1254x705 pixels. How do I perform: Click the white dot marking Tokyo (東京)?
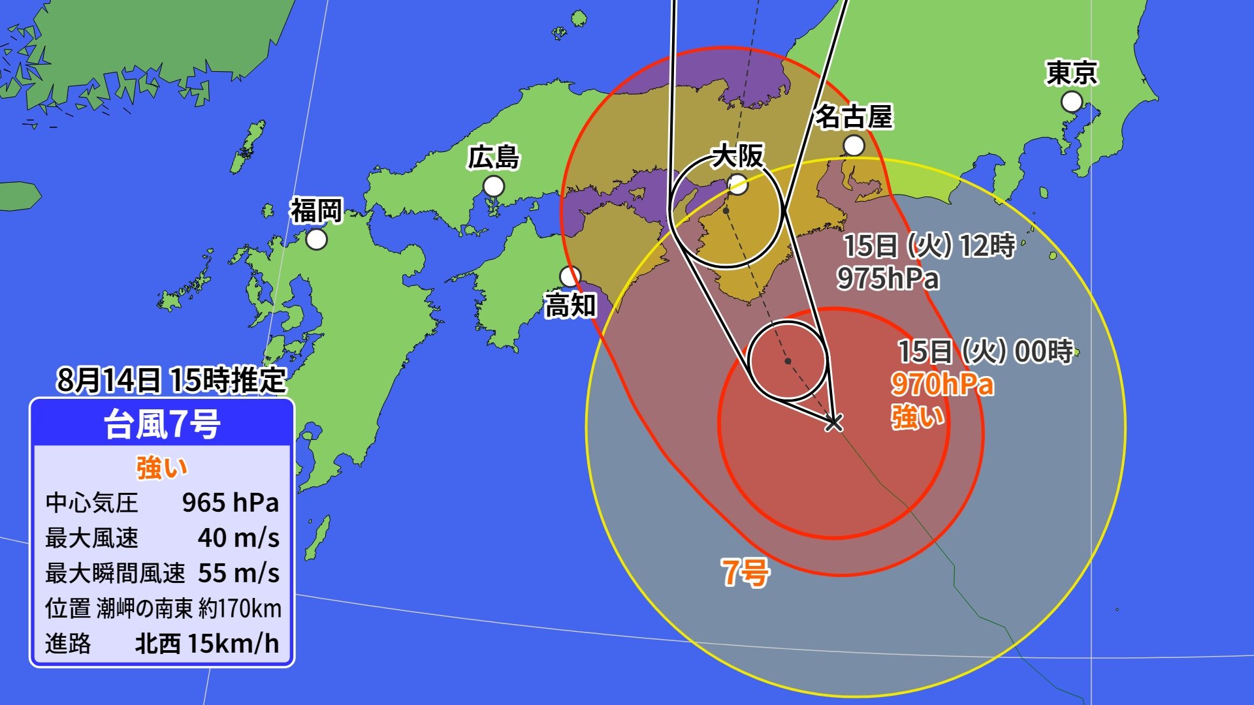click(x=1071, y=102)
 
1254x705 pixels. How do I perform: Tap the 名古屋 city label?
click(x=854, y=117)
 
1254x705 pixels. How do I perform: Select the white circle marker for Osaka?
click(x=737, y=185)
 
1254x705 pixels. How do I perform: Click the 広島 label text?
click(x=494, y=158)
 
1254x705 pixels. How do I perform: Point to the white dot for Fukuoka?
click(x=317, y=240)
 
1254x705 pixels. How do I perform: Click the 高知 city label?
click(x=570, y=305)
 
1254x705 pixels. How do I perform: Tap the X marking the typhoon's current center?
click(x=833, y=422)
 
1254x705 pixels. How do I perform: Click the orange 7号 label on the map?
click(x=745, y=572)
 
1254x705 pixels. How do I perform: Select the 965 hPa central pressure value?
click(x=230, y=503)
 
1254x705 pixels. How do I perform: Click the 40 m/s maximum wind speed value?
click(x=238, y=538)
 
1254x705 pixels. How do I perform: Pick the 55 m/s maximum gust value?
click(x=238, y=573)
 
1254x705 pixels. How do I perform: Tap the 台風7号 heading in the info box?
click(x=163, y=424)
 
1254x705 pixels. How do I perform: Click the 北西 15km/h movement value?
click(x=206, y=644)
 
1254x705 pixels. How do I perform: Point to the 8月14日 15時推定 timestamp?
click(x=171, y=380)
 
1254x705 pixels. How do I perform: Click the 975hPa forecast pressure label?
click(x=888, y=279)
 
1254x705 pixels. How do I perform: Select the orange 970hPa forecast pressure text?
click(x=942, y=384)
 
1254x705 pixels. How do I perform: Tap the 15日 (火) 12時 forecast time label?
click(x=929, y=246)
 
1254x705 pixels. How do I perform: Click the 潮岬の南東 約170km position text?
click(x=189, y=608)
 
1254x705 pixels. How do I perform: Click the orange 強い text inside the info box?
click(x=161, y=467)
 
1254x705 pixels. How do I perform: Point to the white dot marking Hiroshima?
click(x=494, y=187)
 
